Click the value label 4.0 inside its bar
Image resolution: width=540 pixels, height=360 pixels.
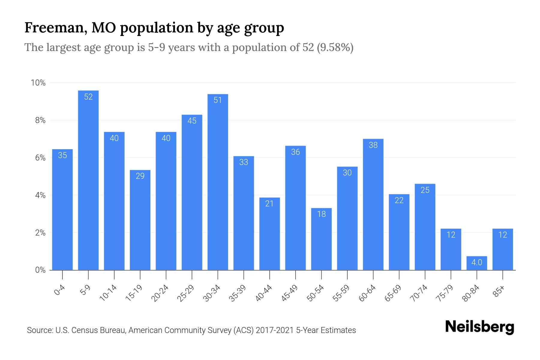coord(477,263)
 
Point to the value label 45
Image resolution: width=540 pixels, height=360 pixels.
coord(192,121)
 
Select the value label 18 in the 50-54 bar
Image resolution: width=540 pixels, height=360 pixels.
coord(321,214)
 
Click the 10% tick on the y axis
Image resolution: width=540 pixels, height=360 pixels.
coord(38,83)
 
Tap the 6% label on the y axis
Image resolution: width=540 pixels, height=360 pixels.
coord(40,158)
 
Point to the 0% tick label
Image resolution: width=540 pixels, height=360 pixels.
coord(40,270)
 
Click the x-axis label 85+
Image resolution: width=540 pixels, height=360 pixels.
coord(499,292)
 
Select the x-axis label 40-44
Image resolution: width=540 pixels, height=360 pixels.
coord(264,293)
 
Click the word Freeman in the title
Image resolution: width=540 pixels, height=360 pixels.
coord(56,28)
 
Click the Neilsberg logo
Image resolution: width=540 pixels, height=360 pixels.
coord(480,327)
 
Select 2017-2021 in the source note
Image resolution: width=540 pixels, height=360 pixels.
coord(275,330)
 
